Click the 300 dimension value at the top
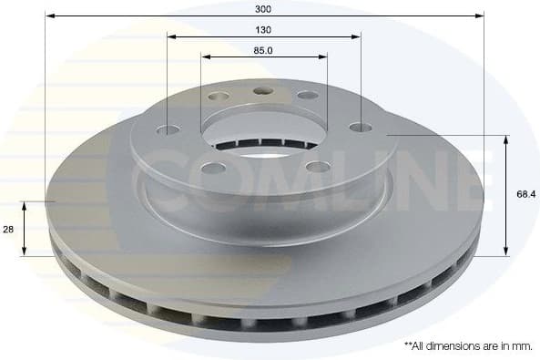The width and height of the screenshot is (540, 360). click(264, 8)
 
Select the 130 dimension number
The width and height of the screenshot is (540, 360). click(263, 29)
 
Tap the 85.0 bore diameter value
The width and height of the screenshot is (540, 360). click(263, 50)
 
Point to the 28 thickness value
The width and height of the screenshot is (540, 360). click(8, 230)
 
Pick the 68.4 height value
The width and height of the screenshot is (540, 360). click(525, 194)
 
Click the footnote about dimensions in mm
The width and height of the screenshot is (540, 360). click(468, 346)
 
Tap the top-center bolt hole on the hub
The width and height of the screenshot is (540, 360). click(264, 91)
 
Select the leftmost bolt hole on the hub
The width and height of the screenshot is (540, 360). click(168, 130)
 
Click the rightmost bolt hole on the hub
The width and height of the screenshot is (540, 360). click(361, 128)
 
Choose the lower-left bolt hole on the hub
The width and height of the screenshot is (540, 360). click(213, 168)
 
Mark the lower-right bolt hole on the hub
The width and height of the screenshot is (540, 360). click(318, 166)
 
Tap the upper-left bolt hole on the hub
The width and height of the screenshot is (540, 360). click(219, 97)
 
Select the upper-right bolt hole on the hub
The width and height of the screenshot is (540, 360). click(309, 95)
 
